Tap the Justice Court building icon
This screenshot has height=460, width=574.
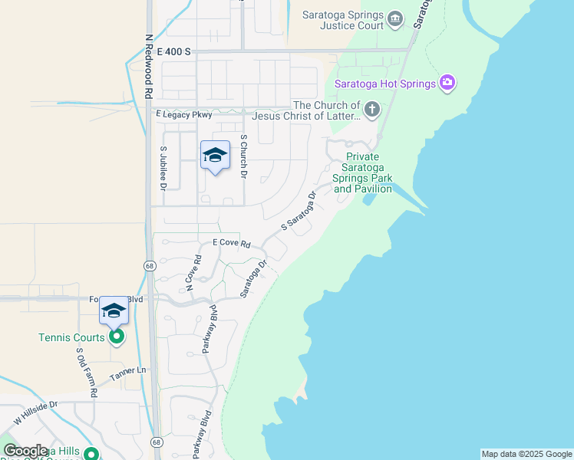click(395, 18)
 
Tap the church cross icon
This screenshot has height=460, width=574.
click(371, 110)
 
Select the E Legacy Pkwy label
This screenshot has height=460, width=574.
click(183, 114)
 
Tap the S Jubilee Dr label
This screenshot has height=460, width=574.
click(163, 168)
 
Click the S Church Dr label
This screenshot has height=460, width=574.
click(243, 157)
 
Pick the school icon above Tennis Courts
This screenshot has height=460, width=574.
click(114, 310)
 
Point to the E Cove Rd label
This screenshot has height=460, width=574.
click(232, 242)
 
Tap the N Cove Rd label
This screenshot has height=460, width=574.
click(193, 273)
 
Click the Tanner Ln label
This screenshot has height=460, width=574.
click(127, 373)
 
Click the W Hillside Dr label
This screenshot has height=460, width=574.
click(35, 415)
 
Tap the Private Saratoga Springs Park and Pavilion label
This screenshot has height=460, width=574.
click(363, 172)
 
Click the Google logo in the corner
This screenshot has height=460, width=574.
click(25, 450)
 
